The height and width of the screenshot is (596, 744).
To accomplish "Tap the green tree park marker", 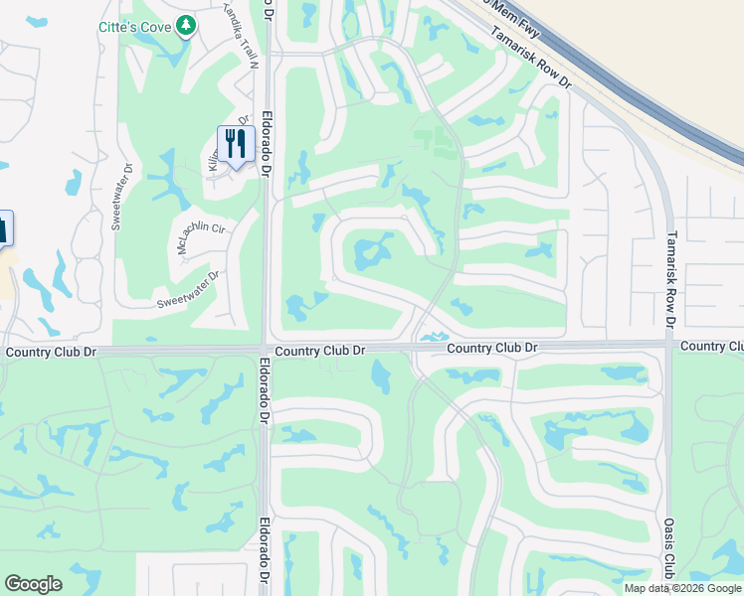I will (x=185, y=25).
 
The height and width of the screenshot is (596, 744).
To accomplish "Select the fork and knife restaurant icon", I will (x=235, y=144).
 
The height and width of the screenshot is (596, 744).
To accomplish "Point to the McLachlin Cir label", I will (x=203, y=234).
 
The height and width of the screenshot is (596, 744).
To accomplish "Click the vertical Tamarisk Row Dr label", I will (x=671, y=279).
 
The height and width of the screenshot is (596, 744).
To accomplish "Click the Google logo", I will (x=33, y=584).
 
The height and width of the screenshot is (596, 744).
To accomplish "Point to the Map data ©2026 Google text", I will (x=682, y=588).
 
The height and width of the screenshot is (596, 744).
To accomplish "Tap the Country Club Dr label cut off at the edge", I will (x=712, y=346).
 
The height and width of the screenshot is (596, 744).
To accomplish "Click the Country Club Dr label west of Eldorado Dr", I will (x=51, y=352).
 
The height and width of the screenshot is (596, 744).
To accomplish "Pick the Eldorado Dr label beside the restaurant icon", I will (x=267, y=143).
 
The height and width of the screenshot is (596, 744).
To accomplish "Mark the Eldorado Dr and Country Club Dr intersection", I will (x=266, y=350).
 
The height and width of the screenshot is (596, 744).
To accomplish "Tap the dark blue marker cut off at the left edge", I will (x=5, y=227).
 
